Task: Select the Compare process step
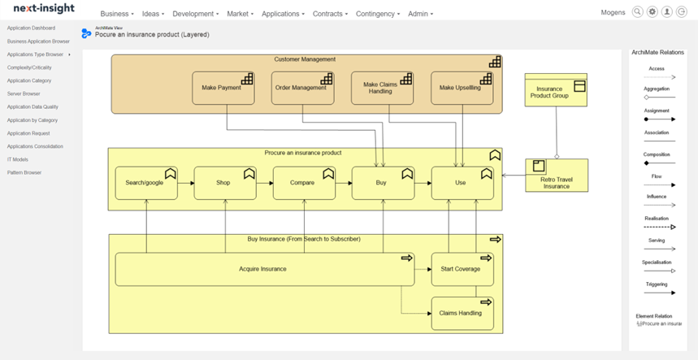(x=303, y=183)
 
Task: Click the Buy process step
(x=382, y=183)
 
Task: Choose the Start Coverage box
(x=461, y=269)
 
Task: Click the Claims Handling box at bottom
(x=461, y=313)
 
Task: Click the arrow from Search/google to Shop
(x=185, y=184)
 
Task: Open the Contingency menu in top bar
(x=377, y=14)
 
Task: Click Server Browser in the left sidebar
(x=24, y=94)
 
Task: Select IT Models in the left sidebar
(x=18, y=160)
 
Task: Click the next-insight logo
(x=43, y=8)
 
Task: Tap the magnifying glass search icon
(x=637, y=12)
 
